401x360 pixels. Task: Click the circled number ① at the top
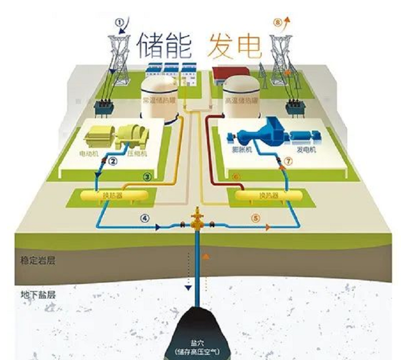point(120,22)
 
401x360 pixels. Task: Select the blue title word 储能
point(164,44)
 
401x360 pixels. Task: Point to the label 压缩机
point(135,152)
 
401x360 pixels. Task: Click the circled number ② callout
point(113,161)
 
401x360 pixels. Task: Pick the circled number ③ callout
point(147,176)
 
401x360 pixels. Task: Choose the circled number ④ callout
point(144,219)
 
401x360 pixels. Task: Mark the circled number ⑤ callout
point(255,219)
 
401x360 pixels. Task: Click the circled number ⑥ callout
point(235,176)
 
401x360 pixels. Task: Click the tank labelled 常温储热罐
point(158,100)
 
